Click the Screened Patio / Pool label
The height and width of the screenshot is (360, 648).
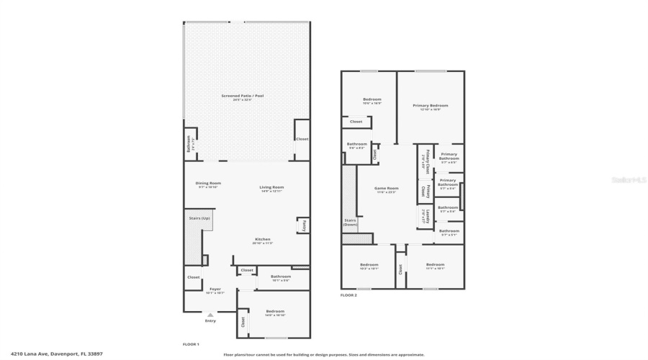(246, 96)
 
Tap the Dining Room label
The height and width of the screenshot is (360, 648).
(207, 183)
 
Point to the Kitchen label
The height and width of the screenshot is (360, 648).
(262, 239)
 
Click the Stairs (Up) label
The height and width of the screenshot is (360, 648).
(199, 217)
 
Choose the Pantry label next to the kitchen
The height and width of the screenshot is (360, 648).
(305, 225)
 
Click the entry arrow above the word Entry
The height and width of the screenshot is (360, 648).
(210, 314)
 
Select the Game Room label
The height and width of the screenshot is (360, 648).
(387, 188)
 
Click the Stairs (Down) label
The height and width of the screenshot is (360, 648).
(350, 222)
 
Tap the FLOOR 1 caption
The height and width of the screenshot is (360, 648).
(191, 345)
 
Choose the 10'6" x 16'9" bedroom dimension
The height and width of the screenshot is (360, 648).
(372, 103)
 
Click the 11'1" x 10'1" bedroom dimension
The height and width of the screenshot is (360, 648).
(435, 269)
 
